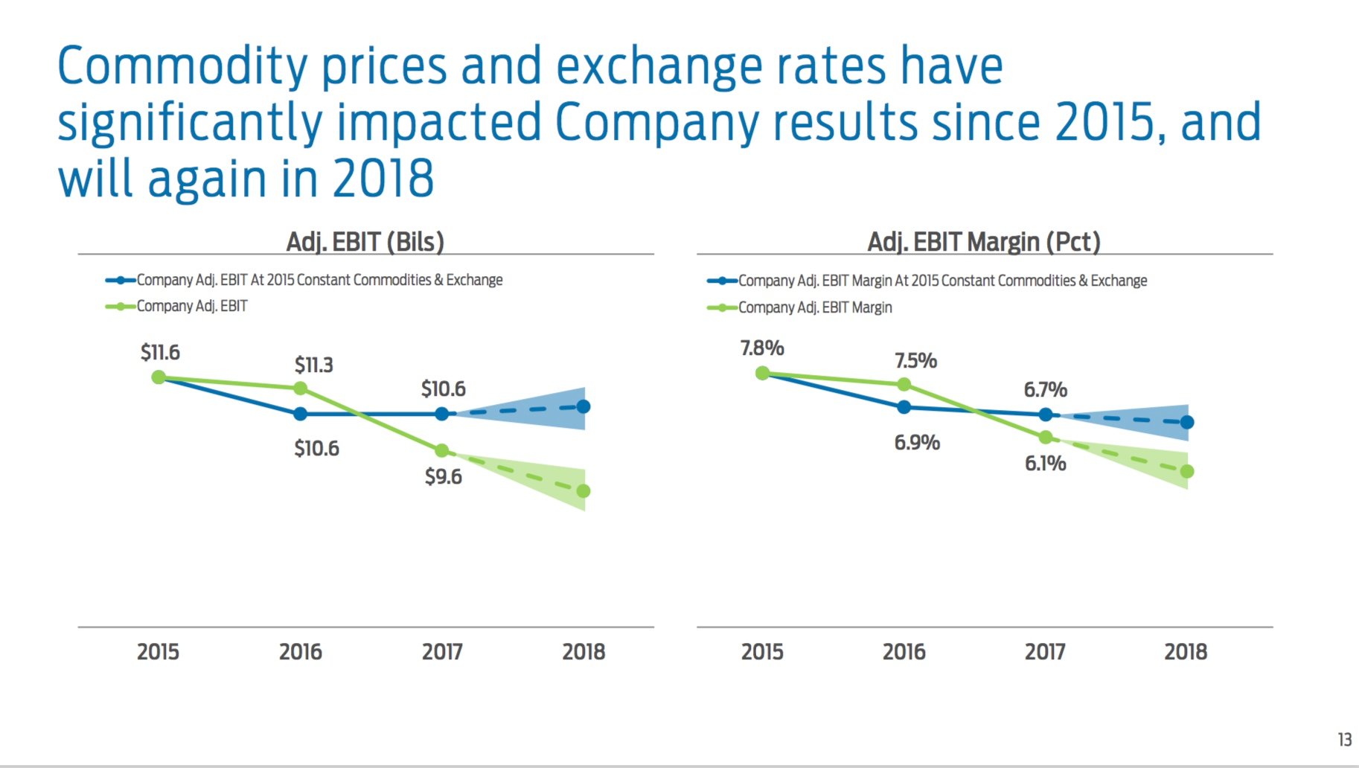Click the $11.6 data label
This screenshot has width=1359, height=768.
[160, 352]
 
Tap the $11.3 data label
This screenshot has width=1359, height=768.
[313, 365]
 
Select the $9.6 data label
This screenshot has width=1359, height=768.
[443, 476]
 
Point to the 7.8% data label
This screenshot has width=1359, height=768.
[761, 348]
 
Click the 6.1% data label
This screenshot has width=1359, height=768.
[1045, 463]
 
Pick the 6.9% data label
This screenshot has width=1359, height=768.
[916, 442]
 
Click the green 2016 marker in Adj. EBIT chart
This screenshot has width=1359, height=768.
[300, 388]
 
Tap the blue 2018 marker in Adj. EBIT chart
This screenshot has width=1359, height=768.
[583, 406]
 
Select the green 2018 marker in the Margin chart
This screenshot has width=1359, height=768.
[1187, 471]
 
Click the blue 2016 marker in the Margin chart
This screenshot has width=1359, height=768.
[904, 407]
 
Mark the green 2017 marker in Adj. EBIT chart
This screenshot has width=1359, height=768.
[441, 450]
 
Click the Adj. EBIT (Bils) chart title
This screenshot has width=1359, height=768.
[365, 242]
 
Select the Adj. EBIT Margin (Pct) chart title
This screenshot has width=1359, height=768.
[983, 242]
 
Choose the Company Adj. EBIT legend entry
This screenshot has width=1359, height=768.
[191, 306]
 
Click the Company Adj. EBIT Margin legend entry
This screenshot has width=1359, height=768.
[814, 307]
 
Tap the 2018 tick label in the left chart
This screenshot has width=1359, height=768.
[583, 652]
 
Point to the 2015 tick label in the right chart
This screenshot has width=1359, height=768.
[761, 652]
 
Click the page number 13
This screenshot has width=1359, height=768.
[1344, 739]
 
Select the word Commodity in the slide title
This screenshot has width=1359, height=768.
[182, 67]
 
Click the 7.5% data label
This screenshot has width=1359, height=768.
[915, 360]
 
